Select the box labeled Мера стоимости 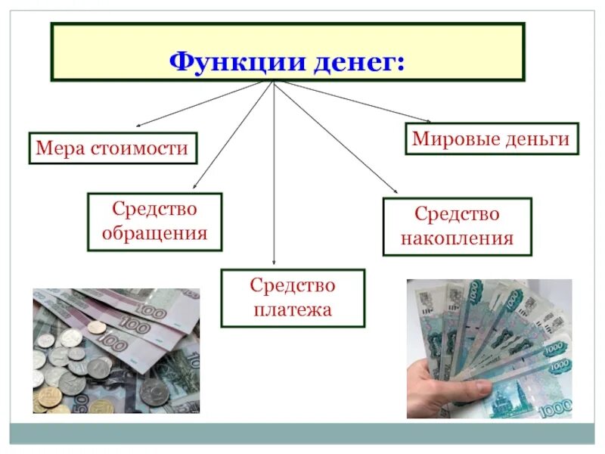click(112, 148)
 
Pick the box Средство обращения click(154, 221)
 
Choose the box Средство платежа click(292, 297)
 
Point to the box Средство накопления click(457, 226)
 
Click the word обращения click(154, 233)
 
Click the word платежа click(292, 309)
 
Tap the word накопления click(457, 239)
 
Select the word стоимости click(141, 148)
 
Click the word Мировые click(449, 138)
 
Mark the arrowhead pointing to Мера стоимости click(138, 125)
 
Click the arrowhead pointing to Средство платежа click(273, 264)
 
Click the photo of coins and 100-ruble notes click(116, 350)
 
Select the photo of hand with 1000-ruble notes click(489, 348)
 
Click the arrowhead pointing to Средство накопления click(394, 193)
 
